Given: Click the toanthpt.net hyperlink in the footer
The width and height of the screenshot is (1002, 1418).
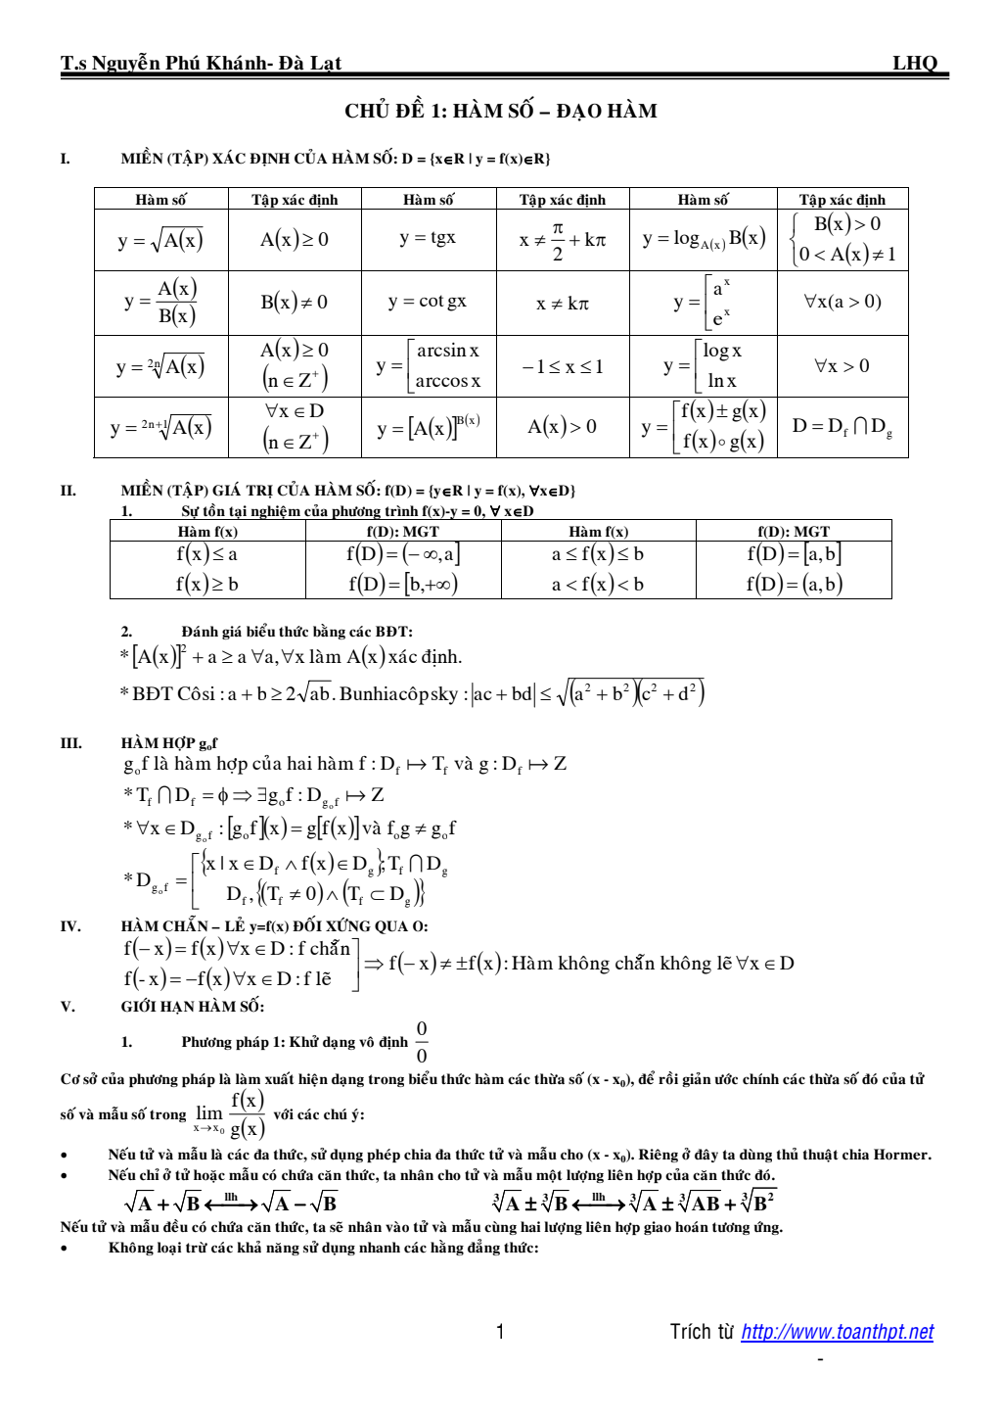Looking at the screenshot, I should pyautogui.click(x=837, y=1332).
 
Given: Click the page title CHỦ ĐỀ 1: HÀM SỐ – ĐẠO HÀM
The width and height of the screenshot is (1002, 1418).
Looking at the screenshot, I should pyautogui.click(x=500, y=111).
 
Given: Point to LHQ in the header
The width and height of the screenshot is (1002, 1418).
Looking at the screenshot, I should pyautogui.click(x=914, y=64).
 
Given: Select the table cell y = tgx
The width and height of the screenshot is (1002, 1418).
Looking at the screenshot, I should pyautogui.click(x=428, y=238).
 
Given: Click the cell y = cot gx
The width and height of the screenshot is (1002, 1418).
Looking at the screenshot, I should pyautogui.click(x=428, y=302).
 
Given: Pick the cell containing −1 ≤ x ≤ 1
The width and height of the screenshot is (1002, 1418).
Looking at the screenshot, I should pyautogui.click(x=563, y=366).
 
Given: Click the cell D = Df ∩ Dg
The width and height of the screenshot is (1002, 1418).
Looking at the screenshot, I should pyautogui.click(x=842, y=426).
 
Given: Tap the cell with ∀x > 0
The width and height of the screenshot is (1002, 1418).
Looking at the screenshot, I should pyautogui.click(x=842, y=366).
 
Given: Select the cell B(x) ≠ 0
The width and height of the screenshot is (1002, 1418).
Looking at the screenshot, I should pyautogui.click(x=294, y=302).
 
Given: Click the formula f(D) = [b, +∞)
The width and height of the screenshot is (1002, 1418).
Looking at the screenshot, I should pyautogui.click(x=403, y=584).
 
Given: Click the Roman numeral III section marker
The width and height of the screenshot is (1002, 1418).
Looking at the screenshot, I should pyautogui.click(x=70, y=742).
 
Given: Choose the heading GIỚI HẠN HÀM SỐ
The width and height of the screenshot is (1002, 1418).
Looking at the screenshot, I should pyautogui.click(x=193, y=1006).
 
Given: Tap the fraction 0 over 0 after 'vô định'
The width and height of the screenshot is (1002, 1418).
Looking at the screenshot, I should pyautogui.click(x=422, y=1042).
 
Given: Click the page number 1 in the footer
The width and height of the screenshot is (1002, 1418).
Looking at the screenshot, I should pyautogui.click(x=500, y=1332).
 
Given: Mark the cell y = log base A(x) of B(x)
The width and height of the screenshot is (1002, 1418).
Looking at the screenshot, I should pyautogui.click(x=704, y=238).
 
